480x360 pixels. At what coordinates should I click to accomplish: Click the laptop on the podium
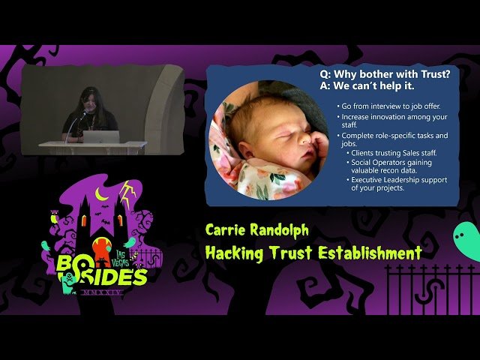[101, 137]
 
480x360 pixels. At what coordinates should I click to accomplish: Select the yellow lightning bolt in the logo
[128, 196]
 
